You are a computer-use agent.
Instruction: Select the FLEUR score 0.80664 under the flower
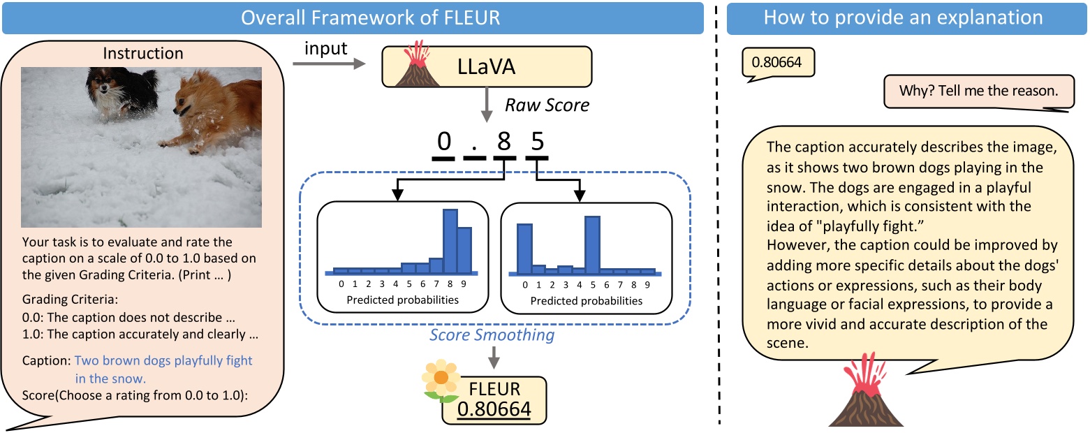(x=494, y=407)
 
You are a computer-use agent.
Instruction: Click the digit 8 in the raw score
(x=503, y=142)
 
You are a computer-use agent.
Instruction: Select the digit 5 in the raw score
(x=536, y=142)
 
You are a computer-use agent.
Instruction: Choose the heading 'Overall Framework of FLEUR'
(x=370, y=17)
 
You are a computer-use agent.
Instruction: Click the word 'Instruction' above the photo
(x=142, y=53)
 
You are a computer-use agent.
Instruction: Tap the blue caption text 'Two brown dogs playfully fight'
(x=163, y=361)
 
